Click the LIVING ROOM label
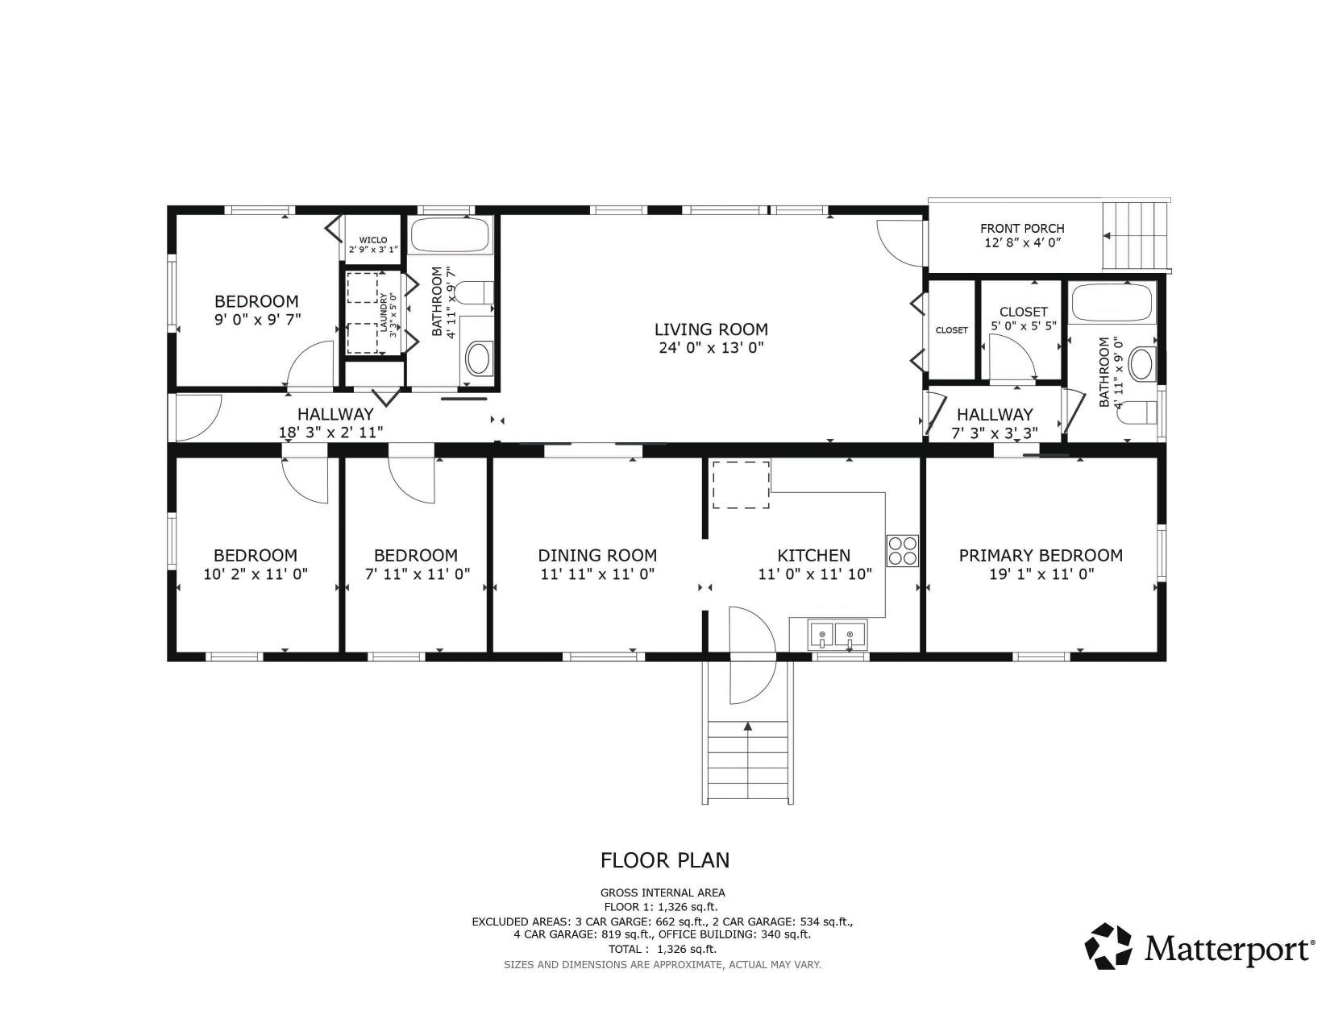710,329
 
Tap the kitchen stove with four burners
903,550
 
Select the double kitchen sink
837,636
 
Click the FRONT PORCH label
1022,229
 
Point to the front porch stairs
1137,235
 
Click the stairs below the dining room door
747,760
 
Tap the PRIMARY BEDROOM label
1040,556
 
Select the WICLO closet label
373,240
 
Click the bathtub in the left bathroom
450,236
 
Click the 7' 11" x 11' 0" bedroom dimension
415,574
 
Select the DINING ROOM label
597,556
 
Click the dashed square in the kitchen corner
741,484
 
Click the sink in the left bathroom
479,359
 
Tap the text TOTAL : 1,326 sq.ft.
662,949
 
